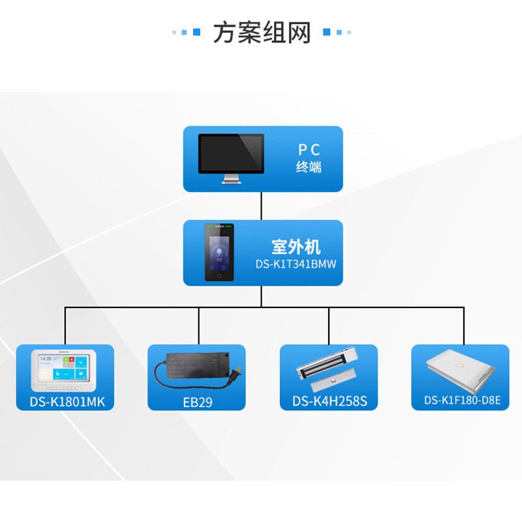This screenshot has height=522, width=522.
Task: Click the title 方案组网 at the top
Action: coord(261,32)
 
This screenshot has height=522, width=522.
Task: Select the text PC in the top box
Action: coord(309,150)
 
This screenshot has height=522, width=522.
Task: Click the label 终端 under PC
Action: coord(309,167)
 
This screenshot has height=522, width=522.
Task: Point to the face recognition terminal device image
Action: coord(219,252)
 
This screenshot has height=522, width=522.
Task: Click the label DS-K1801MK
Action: coord(65,401)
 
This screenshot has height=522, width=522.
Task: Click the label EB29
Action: coord(196,401)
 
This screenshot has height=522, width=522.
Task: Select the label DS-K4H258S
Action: coord(328,401)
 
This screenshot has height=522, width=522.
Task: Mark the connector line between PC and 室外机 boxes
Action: coord(262,206)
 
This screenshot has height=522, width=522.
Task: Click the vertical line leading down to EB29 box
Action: coord(196,326)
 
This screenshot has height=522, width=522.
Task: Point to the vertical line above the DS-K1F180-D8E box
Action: coord(464,326)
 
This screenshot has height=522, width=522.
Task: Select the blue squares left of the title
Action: coord(187,32)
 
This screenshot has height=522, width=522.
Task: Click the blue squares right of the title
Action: coord(337,32)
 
